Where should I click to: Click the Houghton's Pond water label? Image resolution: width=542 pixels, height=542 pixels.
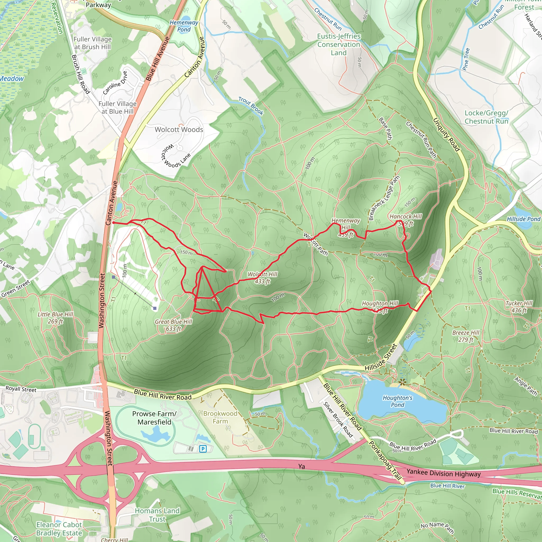tap(398, 401)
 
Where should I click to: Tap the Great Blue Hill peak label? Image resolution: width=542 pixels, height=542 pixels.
tap(173, 325)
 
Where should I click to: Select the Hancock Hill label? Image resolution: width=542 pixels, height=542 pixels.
tap(406, 216)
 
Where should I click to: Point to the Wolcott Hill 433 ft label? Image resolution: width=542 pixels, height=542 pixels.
tap(262, 278)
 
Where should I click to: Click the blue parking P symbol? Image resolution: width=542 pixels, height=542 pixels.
tap(203, 449)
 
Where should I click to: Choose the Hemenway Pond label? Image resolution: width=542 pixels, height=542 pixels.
tap(184, 26)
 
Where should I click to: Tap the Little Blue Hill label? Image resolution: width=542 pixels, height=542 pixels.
tap(55, 318)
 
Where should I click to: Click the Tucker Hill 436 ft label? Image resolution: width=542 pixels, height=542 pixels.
tap(519, 307)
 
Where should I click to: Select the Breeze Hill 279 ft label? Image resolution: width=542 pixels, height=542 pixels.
tap(466, 336)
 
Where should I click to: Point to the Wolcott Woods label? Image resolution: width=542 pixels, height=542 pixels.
tap(179, 130)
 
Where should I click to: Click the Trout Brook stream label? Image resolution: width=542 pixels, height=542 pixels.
tap(251, 106)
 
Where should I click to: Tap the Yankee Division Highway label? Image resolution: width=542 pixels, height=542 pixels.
tap(443, 473)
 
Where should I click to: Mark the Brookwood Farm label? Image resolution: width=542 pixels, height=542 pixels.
tap(220, 417)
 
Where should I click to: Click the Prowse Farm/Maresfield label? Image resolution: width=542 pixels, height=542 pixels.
tap(154, 418)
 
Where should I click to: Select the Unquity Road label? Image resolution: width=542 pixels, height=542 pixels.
tap(446, 135)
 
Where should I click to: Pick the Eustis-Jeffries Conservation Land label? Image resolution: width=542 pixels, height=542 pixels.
tap(338, 44)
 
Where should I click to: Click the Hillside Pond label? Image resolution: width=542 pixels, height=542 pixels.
tap(523, 219)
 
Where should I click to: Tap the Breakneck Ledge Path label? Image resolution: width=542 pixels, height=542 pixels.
tap(384, 198)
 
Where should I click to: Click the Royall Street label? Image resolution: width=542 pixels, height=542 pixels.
tap(21, 389)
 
